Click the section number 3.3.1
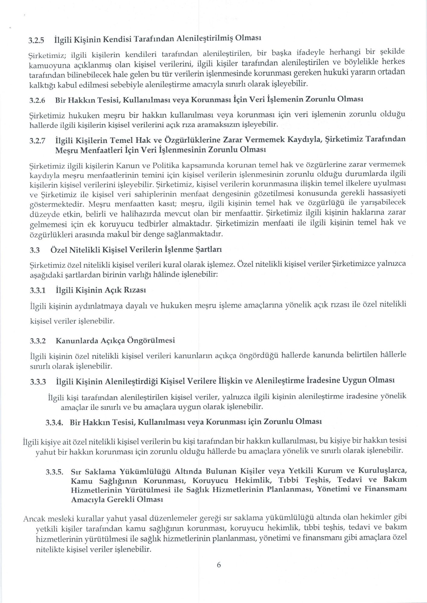coord(37,290)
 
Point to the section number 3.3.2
coord(37,341)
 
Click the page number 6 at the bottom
coord(219,565)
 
